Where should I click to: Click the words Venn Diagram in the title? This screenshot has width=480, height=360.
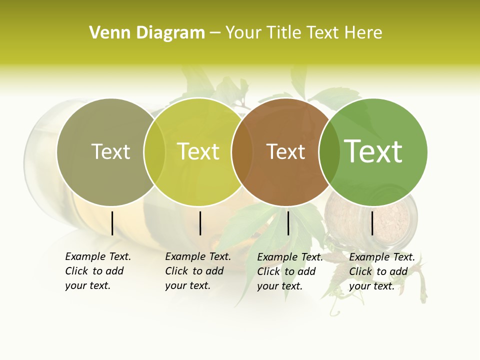[147, 33]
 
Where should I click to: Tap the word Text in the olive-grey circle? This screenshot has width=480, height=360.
[110, 151]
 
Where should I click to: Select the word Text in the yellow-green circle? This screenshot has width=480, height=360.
[198, 151]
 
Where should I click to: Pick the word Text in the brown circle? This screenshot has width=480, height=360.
[285, 151]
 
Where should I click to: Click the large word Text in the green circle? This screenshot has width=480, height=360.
[373, 151]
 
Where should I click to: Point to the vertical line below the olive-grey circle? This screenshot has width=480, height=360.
[112, 223]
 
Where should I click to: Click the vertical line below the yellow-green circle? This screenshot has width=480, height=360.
[200, 223]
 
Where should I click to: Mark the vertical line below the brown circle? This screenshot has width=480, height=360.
[288, 223]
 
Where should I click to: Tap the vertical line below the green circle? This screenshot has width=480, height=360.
[372, 223]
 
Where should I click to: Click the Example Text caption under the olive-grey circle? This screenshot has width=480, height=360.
[97, 271]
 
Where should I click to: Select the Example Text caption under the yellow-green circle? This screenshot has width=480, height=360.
[197, 271]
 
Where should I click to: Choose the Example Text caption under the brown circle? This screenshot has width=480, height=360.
[289, 271]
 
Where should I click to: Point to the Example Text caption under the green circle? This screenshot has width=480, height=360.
[381, 271]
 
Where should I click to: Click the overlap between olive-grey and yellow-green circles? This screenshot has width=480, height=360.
[154, 152]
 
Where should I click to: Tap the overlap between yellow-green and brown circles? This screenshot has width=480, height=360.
[242, 152]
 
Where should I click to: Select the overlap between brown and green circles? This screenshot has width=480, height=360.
[329, 152]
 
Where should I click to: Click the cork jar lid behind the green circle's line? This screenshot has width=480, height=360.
[395, 220]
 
